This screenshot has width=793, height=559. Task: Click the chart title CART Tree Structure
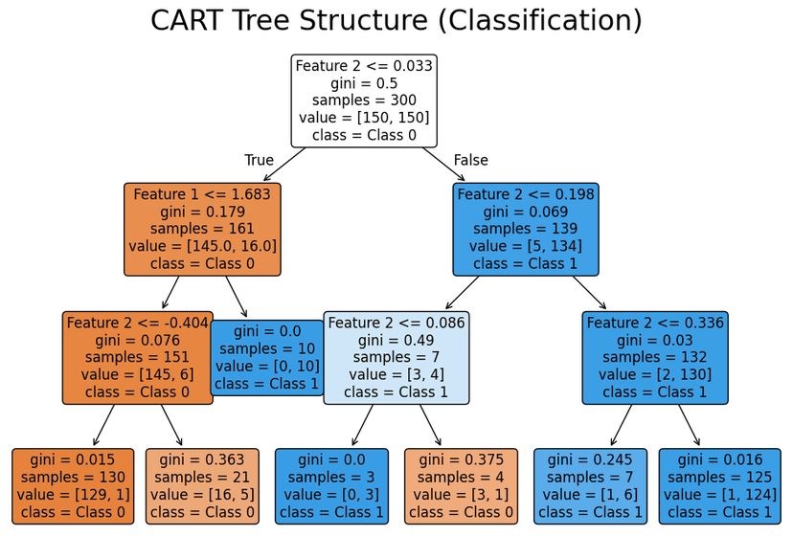[396, 21]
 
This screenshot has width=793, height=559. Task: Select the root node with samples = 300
[364, 101]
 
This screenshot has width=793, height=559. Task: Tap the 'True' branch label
[259, 161]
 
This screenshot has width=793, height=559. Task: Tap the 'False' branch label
[470, 161]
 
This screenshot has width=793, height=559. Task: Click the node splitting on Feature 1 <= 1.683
[202, 229]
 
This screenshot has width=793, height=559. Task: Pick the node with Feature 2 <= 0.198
[526, 229]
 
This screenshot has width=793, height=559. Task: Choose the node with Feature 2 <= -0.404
[137, 357]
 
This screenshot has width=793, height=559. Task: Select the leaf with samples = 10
[268, 357]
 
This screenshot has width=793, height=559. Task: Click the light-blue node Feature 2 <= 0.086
[396, 357]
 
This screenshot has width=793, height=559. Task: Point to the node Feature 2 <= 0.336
[655, 357]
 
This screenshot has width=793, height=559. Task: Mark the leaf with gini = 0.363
[202, 485]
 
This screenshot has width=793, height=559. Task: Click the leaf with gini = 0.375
[461, 485]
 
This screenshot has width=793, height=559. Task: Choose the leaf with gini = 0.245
[590, 485]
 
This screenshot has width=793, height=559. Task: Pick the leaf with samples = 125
[719, 485]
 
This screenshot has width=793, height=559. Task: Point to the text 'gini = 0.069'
[526, 212]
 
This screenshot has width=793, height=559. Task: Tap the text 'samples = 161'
[202, 229]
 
